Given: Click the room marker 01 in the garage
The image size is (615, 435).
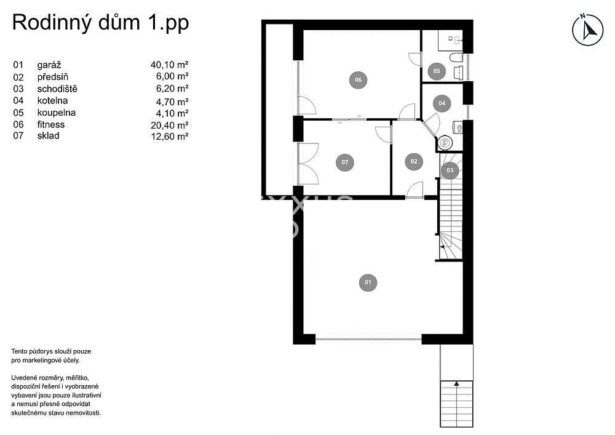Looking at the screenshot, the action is pos(368,282).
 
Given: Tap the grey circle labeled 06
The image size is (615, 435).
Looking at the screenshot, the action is pos(358,79).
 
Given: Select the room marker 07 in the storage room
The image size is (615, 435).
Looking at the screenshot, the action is pos(345,162).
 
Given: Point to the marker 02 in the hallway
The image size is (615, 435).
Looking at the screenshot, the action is pos(414,161).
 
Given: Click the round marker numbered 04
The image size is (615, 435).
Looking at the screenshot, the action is pos(442,103).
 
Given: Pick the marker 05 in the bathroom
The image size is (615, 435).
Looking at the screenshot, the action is pos(437,71).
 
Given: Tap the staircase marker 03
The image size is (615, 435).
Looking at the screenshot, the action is pos(450,170).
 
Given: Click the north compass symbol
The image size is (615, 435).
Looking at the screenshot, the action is pos(587,30).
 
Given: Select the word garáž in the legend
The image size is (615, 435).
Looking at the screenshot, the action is pos(49,65).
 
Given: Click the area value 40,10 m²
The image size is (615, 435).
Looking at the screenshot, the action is pos(170,65).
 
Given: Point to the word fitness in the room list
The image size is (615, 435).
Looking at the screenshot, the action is pos(51,124).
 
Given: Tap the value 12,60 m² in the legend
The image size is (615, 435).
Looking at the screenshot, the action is pos(170,136).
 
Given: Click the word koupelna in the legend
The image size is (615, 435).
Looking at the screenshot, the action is pos(57,113).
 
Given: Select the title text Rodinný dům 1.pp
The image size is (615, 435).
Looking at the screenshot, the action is pos(100,23).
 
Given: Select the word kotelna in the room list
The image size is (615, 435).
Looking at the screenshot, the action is pos(52,101).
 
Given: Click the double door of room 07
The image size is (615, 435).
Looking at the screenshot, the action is pos(308,164).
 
